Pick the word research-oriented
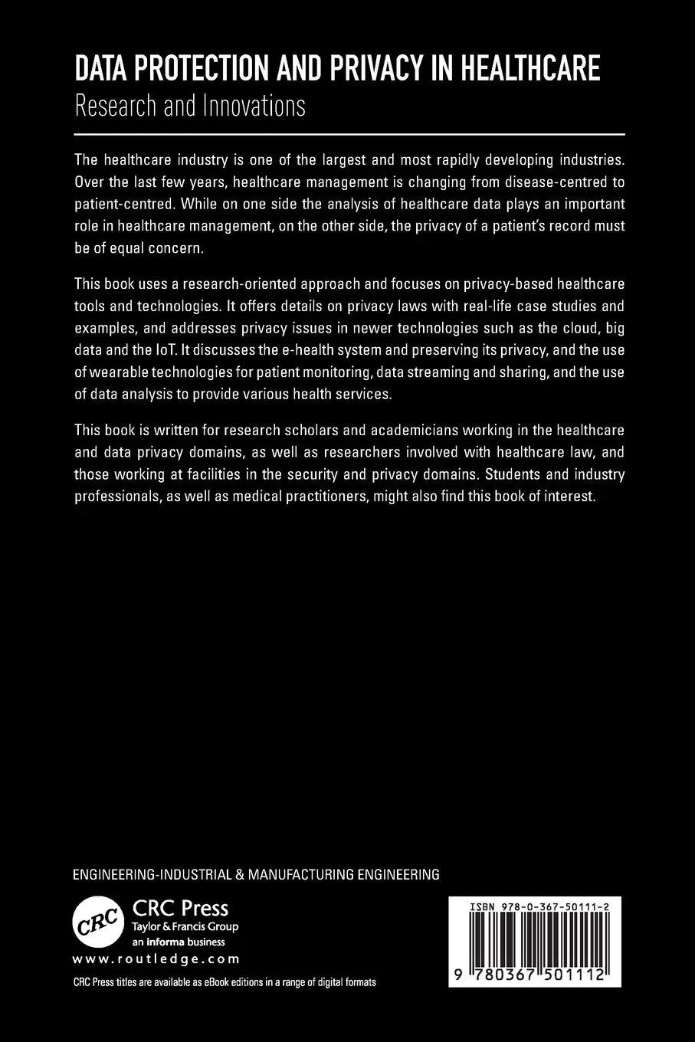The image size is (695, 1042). [228, 284]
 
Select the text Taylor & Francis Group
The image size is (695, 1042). [185, 926]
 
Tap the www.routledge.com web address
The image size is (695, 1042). [156, 958]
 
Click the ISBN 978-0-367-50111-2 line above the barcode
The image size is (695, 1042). [534, 906]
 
